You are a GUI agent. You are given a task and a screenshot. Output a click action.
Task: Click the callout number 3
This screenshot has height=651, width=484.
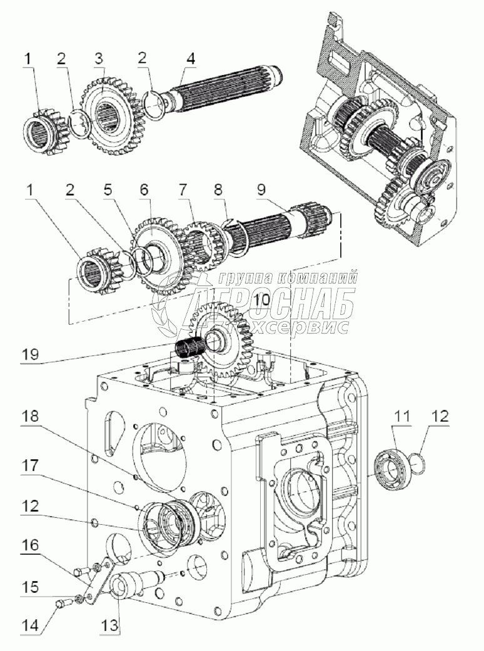pos(98,59)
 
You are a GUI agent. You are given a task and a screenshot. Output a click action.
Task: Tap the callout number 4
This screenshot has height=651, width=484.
pos(189,59)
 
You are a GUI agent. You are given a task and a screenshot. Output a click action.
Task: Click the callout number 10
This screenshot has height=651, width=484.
pos(262,299)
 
